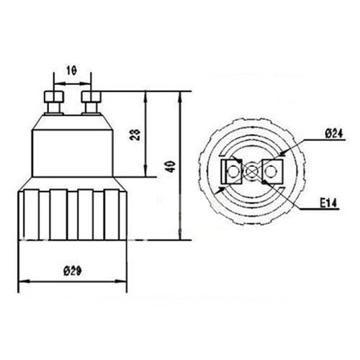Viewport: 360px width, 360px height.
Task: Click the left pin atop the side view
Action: point(53,100)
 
